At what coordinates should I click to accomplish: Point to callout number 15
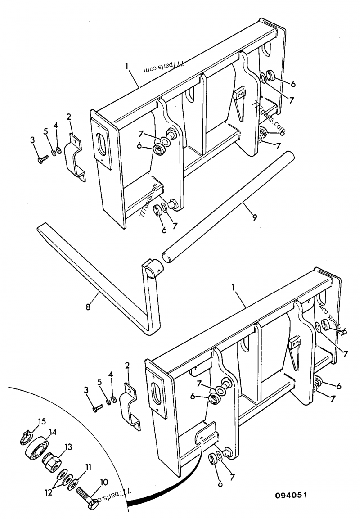pyautogui.click(x=42, y=422)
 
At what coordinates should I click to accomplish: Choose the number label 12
pyautogui.click(x=49, y=492)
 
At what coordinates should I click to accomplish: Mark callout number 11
pyautogui.click(x=88, y=467)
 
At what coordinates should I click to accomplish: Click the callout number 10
pyautogui.click(x=103, y=482)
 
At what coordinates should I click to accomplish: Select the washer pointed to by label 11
pyautogui.click(x=72, y=484)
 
